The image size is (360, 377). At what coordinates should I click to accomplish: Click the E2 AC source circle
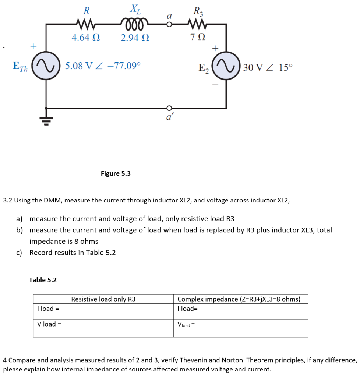(226, 68)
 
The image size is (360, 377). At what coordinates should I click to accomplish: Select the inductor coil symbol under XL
(134, 24)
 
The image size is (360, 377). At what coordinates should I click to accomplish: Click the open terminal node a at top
(169, 24)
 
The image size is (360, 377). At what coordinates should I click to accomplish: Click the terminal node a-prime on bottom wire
(169, 108)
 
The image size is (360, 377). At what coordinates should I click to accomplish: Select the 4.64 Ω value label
(86, 38)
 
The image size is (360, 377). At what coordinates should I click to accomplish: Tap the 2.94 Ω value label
(135, 38)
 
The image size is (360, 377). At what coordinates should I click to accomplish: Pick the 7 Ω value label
(198, 38)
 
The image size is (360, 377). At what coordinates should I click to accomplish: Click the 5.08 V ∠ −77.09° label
(103, 66)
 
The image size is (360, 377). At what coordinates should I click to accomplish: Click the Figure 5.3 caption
(116, 173)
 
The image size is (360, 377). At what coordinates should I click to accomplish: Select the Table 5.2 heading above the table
(43, 280)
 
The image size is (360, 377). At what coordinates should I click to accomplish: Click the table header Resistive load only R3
(103, 299)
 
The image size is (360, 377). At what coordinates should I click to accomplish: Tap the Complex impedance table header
(239, 299)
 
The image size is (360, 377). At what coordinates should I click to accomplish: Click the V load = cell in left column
(49, 324)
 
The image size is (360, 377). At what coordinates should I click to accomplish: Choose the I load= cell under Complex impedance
(187, 309)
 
